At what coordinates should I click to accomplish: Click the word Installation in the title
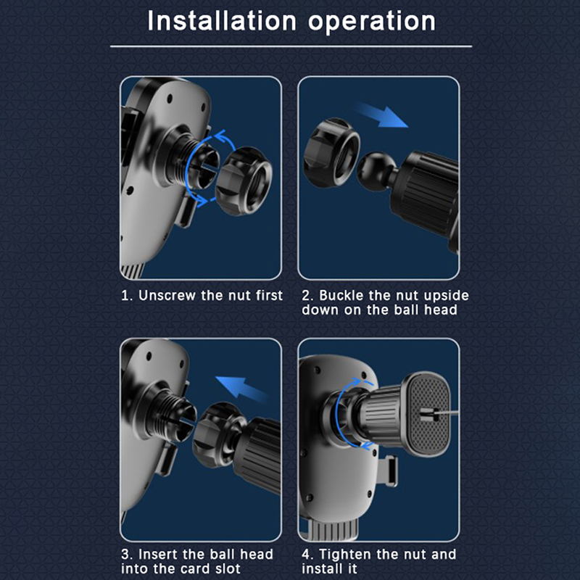point(222,21)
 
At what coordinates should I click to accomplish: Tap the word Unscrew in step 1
point(167,295)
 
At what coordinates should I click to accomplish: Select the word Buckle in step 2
point(341,295)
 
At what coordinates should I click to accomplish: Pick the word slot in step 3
point(225,568)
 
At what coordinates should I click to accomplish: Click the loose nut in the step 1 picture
point(244,181)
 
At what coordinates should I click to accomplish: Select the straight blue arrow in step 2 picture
point(381,115)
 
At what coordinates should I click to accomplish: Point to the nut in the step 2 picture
point(331,153)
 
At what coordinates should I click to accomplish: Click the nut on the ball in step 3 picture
point(219,434)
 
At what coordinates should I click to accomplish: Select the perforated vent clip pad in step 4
point(428,414)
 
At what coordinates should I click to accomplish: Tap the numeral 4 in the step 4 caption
point(305,555)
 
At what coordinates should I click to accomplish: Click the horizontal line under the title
point(291,46)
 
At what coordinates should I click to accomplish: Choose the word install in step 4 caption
point(329,568)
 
